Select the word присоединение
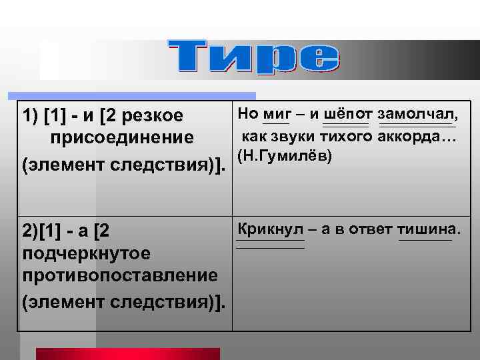point(121,138)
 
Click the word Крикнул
point(270,231)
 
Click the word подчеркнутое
point(87,254)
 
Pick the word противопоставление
point(120,275)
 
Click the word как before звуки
point(254,137)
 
